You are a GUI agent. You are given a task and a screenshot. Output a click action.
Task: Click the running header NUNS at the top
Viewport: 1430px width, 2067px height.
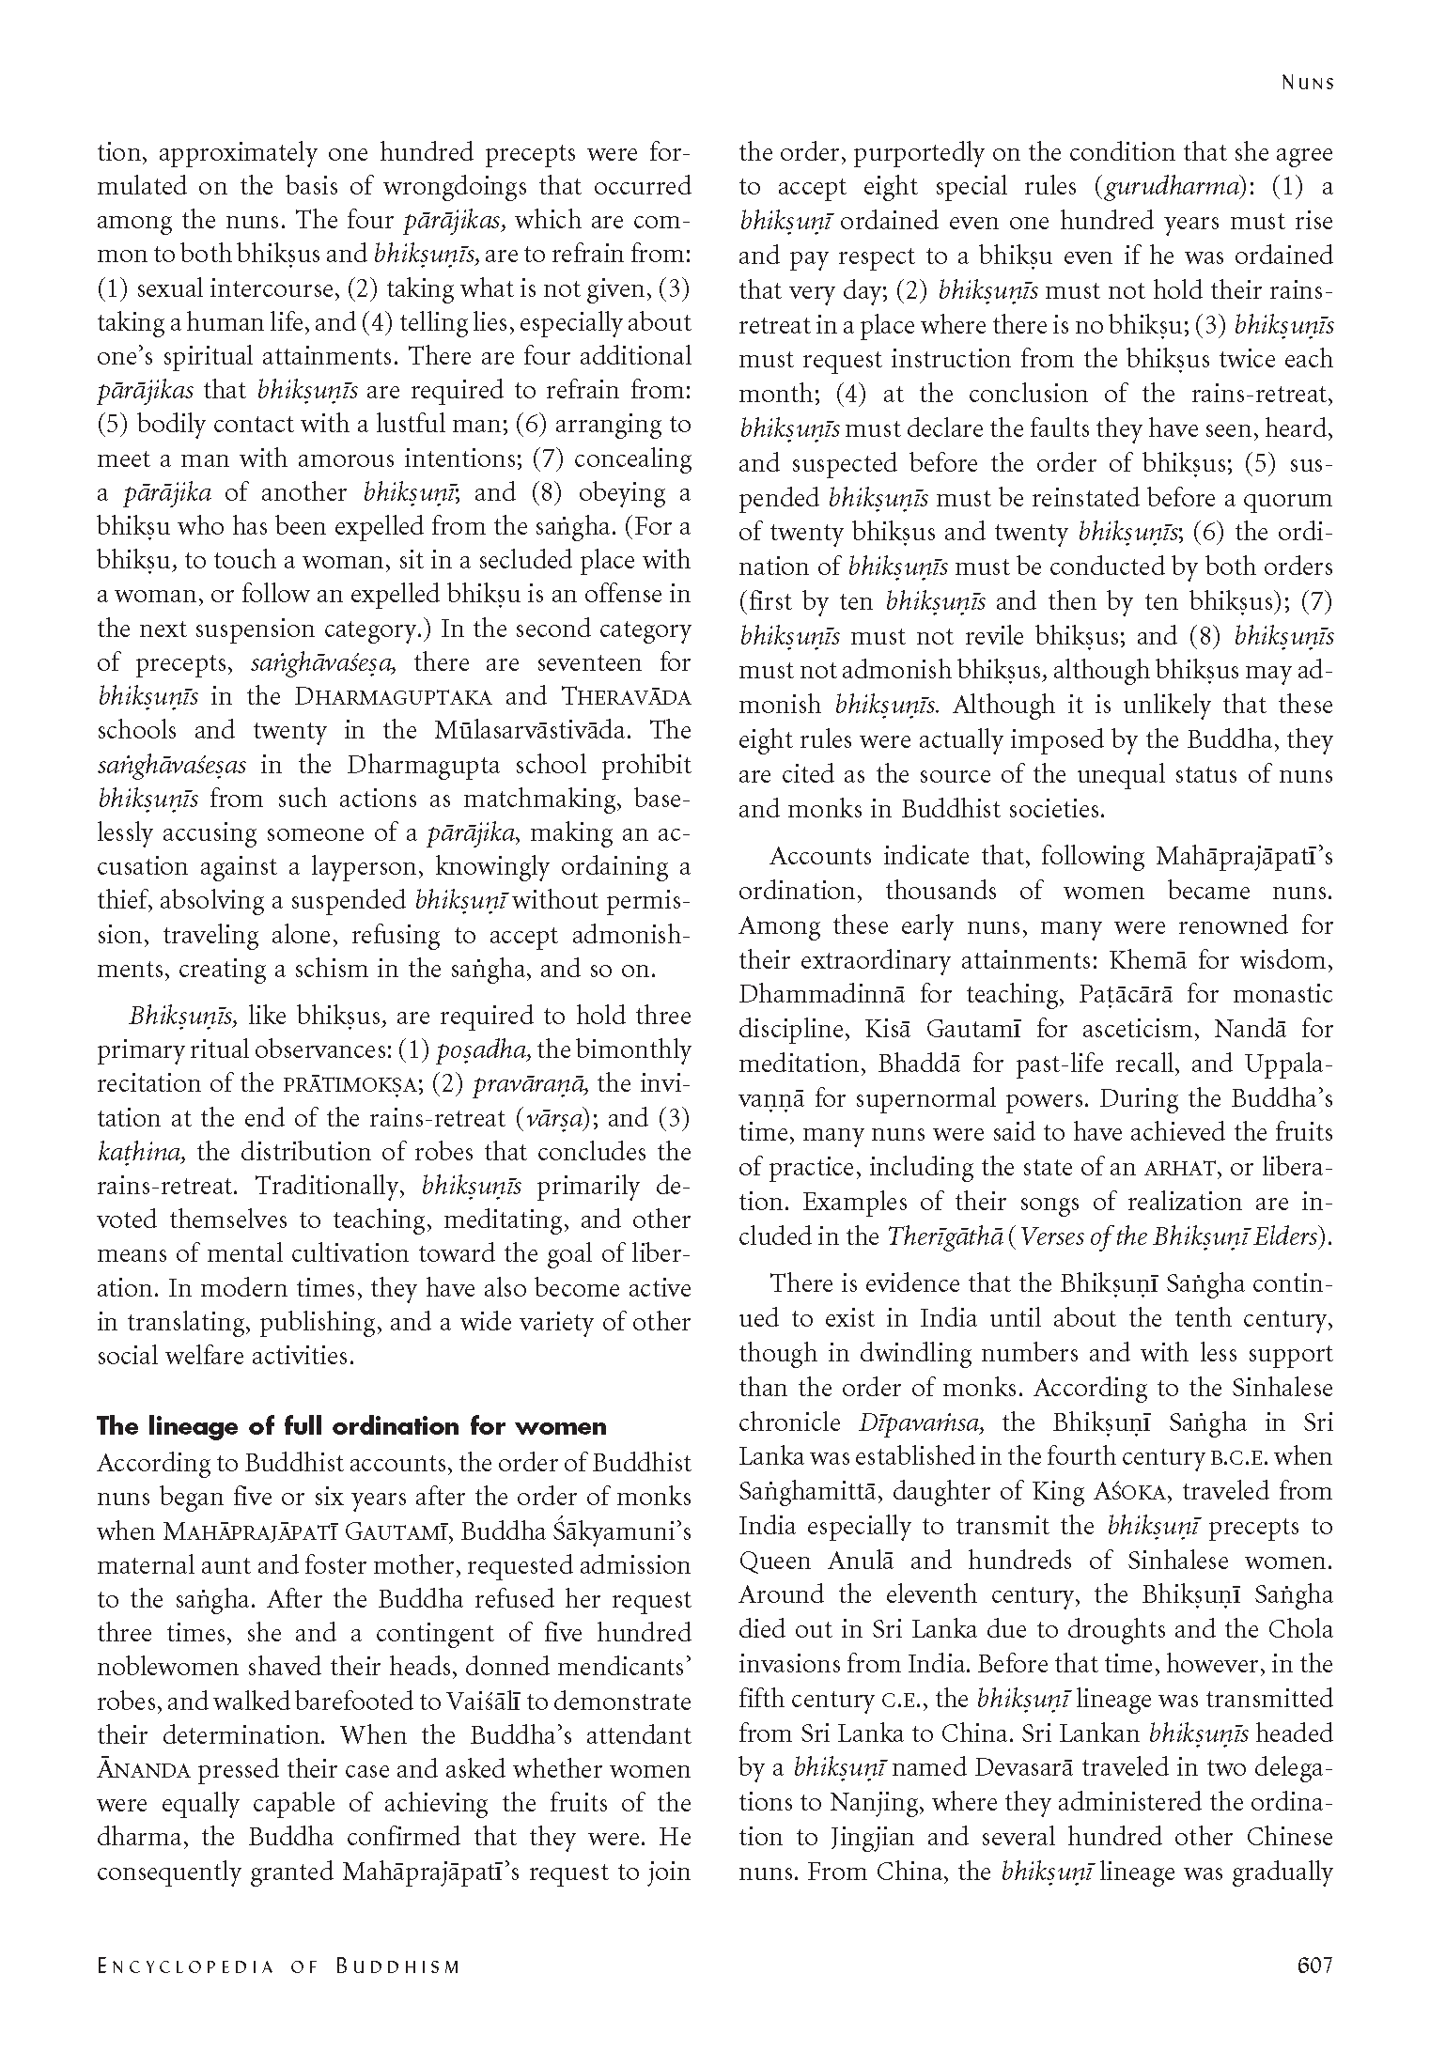1308,83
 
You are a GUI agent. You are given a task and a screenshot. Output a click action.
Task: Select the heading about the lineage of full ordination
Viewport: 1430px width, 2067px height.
351,1426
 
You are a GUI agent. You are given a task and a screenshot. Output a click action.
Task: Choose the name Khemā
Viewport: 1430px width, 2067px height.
1152,960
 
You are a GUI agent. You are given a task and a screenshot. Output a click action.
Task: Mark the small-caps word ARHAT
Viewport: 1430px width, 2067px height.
1183,1168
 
